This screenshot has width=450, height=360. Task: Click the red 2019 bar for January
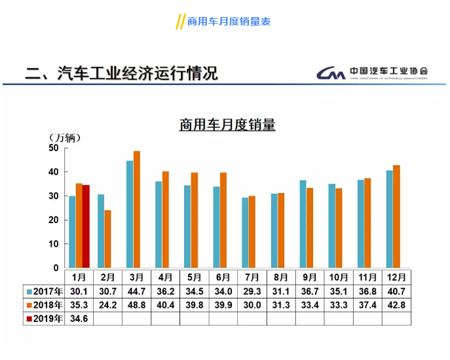(86, 226)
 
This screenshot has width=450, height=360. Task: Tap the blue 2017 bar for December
(390, 219)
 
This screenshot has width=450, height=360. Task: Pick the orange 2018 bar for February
(107, 239)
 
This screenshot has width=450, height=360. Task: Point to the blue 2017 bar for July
(245, 232)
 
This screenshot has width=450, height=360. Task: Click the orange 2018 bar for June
(223, 220)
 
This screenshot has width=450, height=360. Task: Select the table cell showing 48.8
(136, 304)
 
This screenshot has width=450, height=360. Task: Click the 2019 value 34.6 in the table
(79, 319)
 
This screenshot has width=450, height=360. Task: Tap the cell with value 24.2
(107, 304)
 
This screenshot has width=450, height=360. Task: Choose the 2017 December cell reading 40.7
(396, 291)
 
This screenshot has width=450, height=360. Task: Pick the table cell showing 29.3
(252, 291)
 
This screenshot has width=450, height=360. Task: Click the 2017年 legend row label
(45, 291)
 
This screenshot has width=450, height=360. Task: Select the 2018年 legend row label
(45, 304)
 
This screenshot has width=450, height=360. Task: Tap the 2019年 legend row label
(45, 319)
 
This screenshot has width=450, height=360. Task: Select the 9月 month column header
(310, 277)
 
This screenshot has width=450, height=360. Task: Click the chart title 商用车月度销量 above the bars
(227, 124)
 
